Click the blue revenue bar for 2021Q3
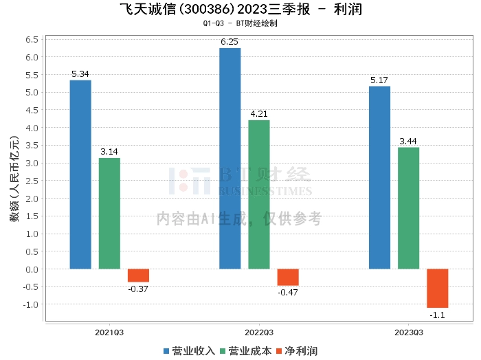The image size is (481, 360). click(80, 175)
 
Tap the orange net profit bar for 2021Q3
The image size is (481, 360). click(138, 275)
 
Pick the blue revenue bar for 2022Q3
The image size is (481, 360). click(230, 158)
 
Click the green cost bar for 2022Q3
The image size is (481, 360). click(259, 194)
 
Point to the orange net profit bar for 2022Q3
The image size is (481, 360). click(288, 277)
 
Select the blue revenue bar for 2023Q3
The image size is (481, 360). click(379, 177)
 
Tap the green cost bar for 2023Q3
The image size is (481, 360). click(408, 207)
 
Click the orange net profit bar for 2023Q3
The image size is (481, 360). click(437, 288)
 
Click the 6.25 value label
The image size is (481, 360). click(230, 42)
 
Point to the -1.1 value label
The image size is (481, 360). click(437, 315)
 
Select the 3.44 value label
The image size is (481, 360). click(408, 142)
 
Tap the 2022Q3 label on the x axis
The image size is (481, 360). click(258, 332)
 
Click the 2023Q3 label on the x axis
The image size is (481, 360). click(408, 332)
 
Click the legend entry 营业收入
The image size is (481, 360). click(189, 350)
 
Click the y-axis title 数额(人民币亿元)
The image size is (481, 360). click(14, 180)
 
